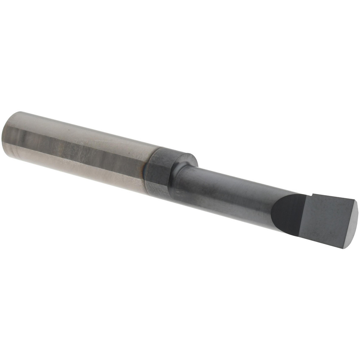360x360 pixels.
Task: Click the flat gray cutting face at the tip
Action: point(324,220)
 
